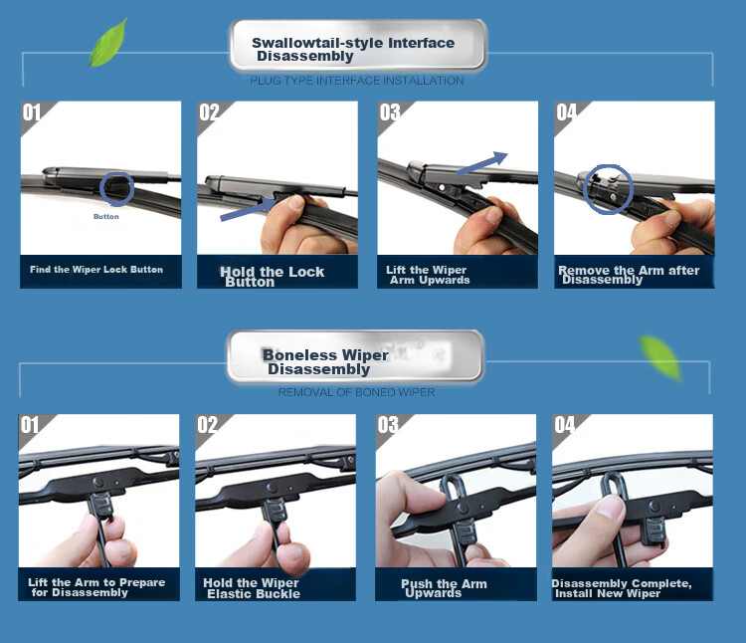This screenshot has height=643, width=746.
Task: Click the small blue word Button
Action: point(106,217)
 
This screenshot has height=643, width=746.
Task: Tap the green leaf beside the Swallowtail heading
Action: point(109,43)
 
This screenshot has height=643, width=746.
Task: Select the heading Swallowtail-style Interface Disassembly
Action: point(353,49)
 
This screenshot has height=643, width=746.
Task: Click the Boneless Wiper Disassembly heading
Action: point(325,361)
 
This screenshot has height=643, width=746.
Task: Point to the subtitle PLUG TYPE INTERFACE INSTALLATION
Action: point(357,81)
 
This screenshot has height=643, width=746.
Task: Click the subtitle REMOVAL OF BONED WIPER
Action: point(357,392)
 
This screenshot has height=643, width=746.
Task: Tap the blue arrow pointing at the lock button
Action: point(249,209)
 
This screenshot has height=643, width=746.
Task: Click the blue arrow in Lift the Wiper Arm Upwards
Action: point(482,163)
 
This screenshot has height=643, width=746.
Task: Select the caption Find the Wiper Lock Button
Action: point(96,270)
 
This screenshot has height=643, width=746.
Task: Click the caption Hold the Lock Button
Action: point(272,277)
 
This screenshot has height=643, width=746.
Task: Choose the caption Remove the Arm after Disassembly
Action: point(629,275)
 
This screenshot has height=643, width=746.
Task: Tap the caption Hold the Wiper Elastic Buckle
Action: point(252,588)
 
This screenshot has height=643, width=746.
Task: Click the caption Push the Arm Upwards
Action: point(444,588)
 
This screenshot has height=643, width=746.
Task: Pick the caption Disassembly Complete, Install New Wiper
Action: point(622,588)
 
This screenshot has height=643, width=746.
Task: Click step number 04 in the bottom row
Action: point(565,425)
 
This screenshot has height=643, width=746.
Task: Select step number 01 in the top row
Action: point(32,112)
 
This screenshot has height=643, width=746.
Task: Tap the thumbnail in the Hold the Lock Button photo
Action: point(296,203)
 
